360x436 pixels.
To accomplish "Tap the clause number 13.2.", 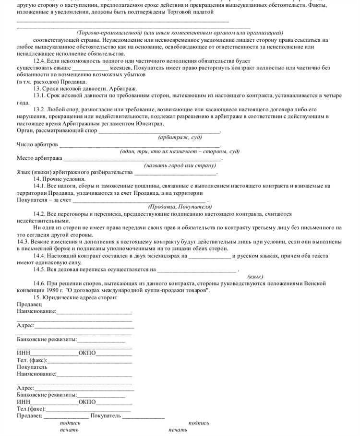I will [40, 109].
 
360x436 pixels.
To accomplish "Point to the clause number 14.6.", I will [40, 283].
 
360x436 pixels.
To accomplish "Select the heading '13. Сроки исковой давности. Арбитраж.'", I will [85, 89].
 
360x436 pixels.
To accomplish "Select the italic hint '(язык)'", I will [255, 277].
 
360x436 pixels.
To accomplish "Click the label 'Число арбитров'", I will [37, 144].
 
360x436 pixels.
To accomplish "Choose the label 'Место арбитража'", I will [39, 158].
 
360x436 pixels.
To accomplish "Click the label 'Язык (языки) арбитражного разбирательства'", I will [74, 172].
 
